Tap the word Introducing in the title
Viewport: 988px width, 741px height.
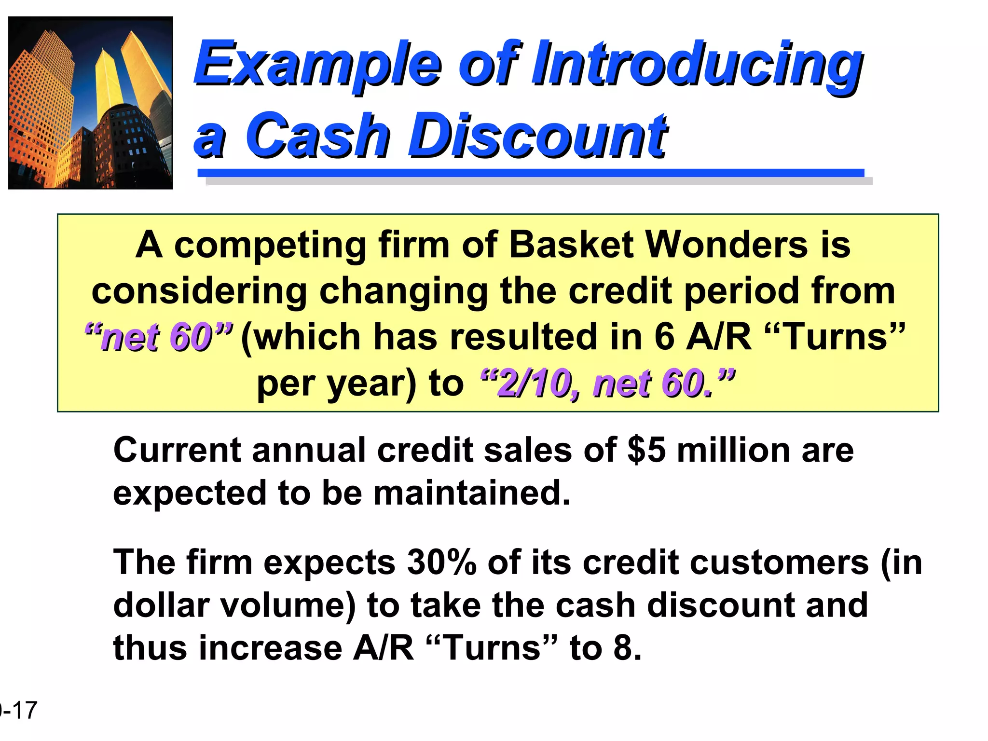click(x=697, y=64)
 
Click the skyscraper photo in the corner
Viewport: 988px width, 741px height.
click(x=91, y=103)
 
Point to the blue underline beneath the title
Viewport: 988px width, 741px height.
click(x=531, y=173)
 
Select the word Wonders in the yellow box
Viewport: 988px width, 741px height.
click(x=727, y=245)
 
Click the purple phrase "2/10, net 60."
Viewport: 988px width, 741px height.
click(x=608, y=383)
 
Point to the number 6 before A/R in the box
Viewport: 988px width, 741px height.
click(x=664, y=337)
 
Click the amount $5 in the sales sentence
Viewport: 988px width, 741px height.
click(x=646, y=450)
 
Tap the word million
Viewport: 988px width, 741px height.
click(x=733, y=450)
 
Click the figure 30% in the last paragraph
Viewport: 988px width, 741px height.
click(x=441, y=563)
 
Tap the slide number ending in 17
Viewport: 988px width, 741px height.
click(x=19, y=711)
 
